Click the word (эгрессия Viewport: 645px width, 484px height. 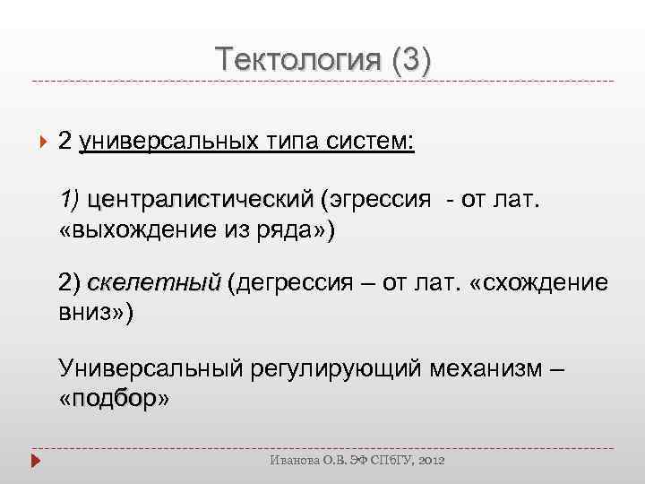(x=376, y=198)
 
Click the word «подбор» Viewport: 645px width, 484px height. (x=113, y=400)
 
